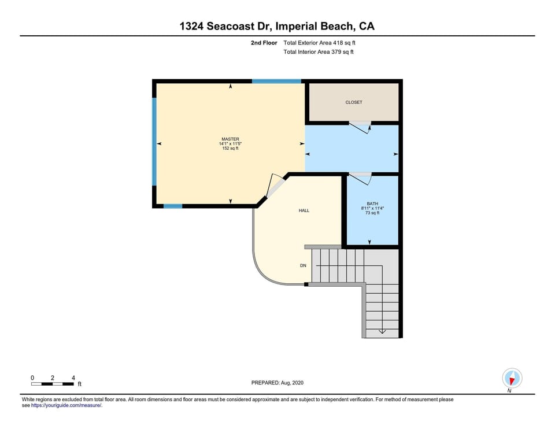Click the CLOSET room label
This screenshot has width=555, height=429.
point(354,102)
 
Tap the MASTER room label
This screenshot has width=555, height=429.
point(230,139)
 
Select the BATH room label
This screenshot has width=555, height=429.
point(372,204)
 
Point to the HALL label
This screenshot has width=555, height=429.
point(304,210)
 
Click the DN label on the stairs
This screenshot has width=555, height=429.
point(303,266)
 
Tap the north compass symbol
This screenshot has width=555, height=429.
point(512,378)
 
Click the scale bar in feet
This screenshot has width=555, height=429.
point(53,383)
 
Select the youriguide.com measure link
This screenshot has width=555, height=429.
point(66,405)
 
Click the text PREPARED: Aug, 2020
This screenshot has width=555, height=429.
point(277,383)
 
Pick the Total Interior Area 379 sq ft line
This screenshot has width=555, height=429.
point(319,52)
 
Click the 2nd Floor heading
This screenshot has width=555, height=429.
point(264,43)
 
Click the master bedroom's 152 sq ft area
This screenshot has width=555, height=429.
point(230,149)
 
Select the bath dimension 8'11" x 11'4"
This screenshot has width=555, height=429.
point(372,208)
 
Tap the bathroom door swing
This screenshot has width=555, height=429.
point(361,179)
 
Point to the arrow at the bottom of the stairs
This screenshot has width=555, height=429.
point(382,332)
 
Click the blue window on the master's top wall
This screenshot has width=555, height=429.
point(276,82)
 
